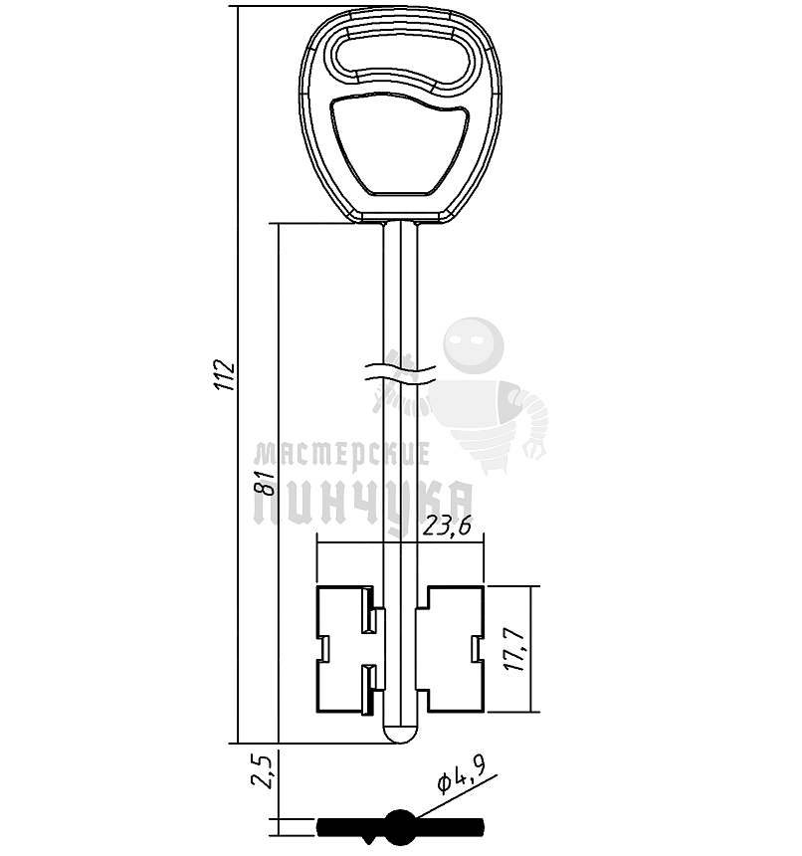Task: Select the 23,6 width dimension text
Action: tap(447, 530)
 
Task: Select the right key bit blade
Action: tap(454, 649)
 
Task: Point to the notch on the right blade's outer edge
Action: tap(476, 650)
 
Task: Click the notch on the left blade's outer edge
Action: tap(322, 650)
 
